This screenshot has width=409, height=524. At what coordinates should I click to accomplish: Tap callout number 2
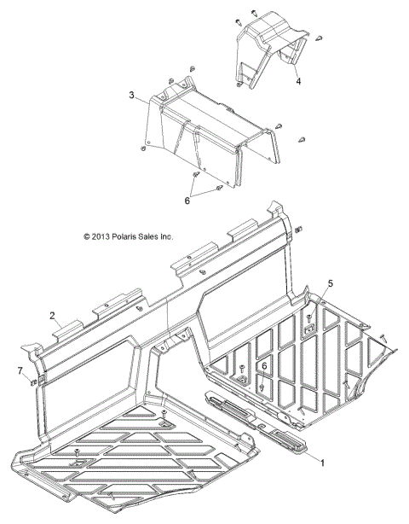53,316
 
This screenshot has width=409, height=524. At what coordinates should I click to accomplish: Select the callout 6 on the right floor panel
265,366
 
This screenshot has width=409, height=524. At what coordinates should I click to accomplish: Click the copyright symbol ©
86,236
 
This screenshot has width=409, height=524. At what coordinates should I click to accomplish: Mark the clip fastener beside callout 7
33,381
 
